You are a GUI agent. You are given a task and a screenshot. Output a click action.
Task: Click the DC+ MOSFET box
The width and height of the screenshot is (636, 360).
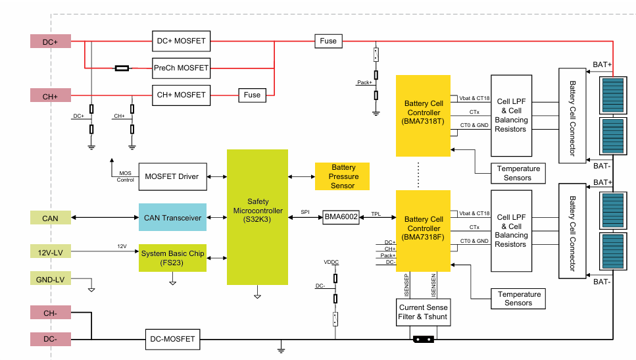tap(182, 41)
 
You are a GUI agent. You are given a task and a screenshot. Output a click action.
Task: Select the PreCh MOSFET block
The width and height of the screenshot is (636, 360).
tap(182, 68)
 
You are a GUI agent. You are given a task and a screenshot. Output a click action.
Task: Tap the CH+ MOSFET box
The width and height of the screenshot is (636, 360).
tap(182, 95)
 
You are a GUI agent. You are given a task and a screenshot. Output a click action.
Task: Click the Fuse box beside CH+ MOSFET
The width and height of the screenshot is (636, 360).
tap(253, 95)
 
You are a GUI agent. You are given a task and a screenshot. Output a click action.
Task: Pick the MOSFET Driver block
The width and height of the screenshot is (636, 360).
tap(173, 176)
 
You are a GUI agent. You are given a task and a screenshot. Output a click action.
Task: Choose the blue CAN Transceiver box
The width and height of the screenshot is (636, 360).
tap(172, 217)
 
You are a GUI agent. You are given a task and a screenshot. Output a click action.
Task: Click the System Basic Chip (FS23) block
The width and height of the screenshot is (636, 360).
tap(172, 258)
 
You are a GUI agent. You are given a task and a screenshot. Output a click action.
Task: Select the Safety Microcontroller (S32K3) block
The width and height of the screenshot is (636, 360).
tap(258, 217)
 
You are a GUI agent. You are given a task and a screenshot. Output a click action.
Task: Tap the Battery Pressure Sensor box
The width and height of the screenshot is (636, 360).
tap(343, 176)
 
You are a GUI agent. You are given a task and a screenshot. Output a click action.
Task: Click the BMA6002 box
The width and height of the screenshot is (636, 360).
tap(341, 217)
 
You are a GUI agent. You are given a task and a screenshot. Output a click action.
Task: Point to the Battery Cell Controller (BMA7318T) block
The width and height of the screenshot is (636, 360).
tap(423, 116)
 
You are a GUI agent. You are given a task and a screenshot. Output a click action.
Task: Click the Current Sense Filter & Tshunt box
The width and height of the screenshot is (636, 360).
tap(423, 312)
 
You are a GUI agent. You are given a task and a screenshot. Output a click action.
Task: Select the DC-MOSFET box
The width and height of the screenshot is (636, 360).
tap(173, 340)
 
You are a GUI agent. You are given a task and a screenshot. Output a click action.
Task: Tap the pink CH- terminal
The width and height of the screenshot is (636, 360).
tap(51, 313)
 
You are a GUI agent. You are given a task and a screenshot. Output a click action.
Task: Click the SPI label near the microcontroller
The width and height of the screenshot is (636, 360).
tap(305, 212)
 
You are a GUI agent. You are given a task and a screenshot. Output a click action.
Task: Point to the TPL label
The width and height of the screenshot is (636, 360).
tap(376, 214)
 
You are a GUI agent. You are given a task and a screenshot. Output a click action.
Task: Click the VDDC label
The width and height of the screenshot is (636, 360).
tap(331, 262)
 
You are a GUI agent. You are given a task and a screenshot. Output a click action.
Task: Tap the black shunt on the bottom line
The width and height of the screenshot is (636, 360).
tap(424, 340)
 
